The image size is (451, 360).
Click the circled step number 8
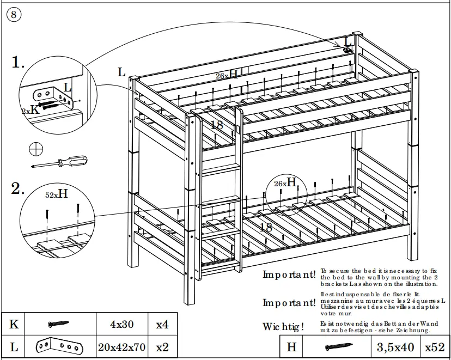click(14, 15)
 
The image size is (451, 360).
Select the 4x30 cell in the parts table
click(122, 325)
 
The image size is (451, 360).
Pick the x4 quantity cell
click(162, 325)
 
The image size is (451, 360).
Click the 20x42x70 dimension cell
click(122, 347)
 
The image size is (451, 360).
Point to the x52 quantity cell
click(435, 347)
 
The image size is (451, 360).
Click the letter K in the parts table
click(14, 325)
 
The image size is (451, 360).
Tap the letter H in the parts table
click(291, 347)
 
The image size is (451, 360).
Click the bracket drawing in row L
click(59, 347)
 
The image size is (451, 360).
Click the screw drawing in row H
click(338, 347)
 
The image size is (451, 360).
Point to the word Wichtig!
click(283, 327)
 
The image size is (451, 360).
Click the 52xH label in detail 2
click(56, 193)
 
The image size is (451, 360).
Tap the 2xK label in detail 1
click(31, 109)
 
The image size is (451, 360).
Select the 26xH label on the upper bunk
click(227, 75)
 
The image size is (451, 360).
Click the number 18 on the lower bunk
click(266, 228)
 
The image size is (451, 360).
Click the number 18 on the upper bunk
click(217, 125)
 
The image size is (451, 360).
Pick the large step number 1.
click(18, 63)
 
